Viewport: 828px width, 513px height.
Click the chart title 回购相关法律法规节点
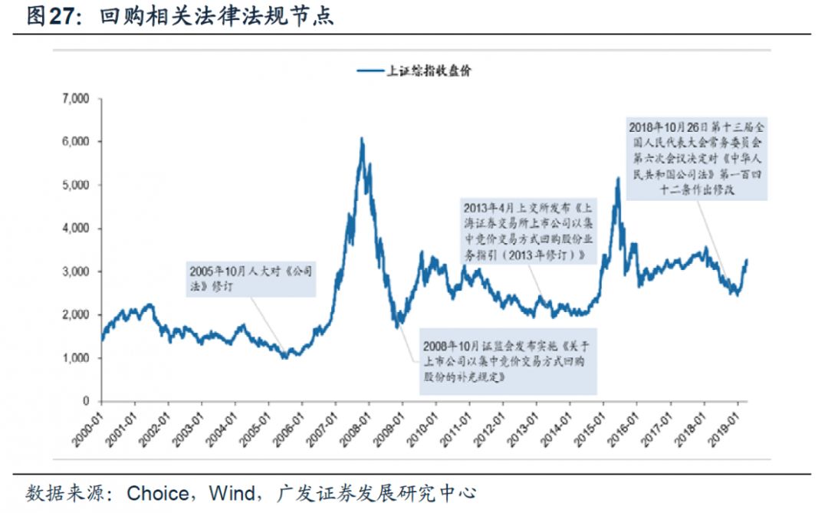point(217,17)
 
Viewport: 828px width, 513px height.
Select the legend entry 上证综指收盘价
point(414,71)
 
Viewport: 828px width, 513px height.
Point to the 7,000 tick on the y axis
point(75,99)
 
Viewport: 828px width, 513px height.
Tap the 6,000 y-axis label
point(75,142)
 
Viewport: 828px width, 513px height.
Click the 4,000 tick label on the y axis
point(75,229)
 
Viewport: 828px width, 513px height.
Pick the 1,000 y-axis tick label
point(75,358)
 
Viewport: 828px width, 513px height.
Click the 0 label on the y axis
point(86,401)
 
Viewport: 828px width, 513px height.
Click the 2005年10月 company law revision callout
point(251,278)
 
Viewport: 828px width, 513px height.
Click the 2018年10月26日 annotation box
point(697,159)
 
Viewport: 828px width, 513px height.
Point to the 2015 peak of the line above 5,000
point(618,179)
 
